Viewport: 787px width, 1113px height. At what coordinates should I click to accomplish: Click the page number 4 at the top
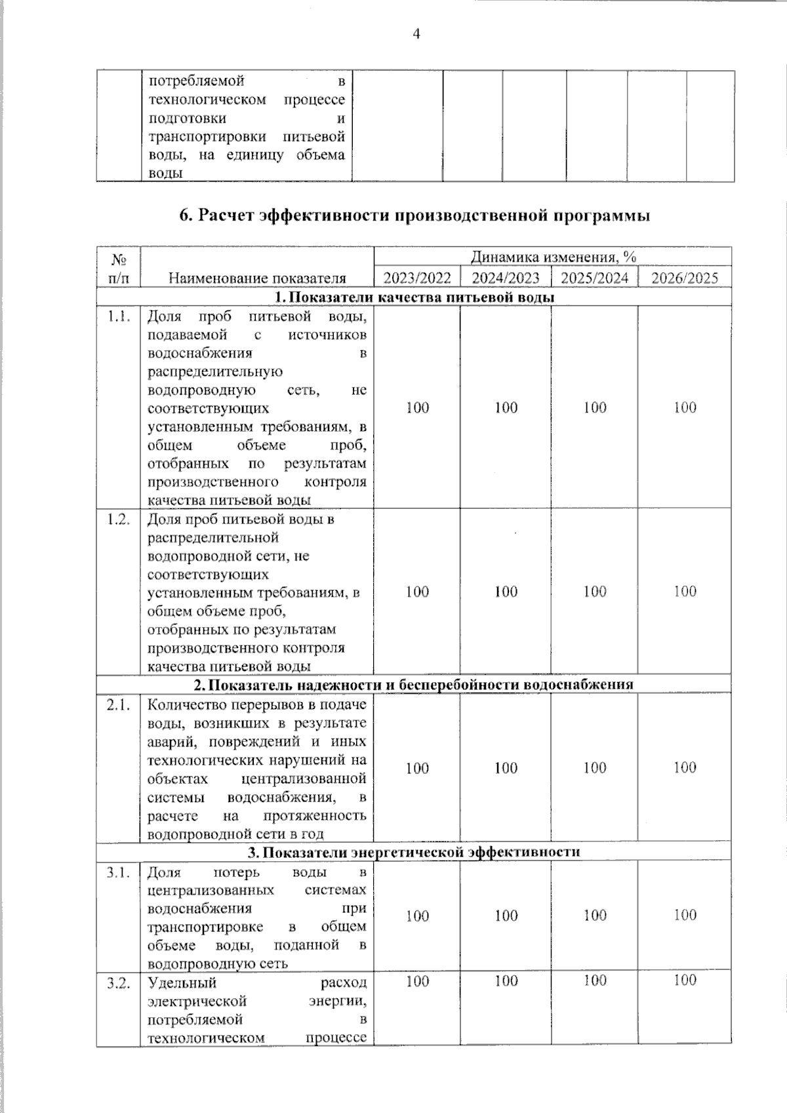pyautogui.click(x=415, y=33)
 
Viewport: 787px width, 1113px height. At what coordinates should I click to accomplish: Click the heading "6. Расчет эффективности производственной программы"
pyautogui.click(x=414, y=216)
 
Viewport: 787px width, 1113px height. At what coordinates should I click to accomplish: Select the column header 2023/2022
pyautogui.click(x=417, y=278)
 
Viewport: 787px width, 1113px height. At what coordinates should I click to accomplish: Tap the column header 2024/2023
pyautogui.click(x=506, y=278)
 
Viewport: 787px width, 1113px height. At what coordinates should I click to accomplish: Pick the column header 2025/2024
pyautogui.click(x=595, y=278)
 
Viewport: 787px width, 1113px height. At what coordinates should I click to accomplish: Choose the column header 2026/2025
pyautogui.click(x=685, y=278)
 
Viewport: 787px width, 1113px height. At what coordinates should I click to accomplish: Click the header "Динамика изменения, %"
pyautogui.click(x=553, y=257)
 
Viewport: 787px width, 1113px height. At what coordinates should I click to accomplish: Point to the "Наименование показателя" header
pyautogui.click(x=257, y=278)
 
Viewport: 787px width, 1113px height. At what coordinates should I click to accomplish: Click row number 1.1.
pyautogui.click(x=119, y=316)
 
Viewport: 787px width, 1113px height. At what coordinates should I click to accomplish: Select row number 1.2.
pyautogui.click(x=119, y=519)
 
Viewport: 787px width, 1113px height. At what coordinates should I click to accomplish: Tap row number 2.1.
pyautogui.click(x=119, y=705)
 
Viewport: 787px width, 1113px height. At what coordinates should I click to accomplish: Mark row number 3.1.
pyautogui.click(x=119, y=872)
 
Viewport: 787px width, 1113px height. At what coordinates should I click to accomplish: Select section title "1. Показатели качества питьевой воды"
pyautogui.click(x=414, y=297)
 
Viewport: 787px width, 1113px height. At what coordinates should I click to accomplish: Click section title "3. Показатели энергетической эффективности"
pyautogui.click(x=414, y=852)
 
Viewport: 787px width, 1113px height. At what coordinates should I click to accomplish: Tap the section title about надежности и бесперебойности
pyautogui.click(x=414, y=685)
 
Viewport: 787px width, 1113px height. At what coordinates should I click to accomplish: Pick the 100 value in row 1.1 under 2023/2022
pyautogui.click(x=417, y=407)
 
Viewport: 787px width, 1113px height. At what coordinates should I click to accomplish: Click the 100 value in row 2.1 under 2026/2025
pyautogui.click(x=685, y=767)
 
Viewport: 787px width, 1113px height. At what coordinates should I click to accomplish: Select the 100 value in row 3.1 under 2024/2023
pyautogui.click(x=506, y=916)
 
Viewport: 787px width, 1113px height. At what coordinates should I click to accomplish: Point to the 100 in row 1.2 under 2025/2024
pyautogui.click(x=595, y=592)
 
